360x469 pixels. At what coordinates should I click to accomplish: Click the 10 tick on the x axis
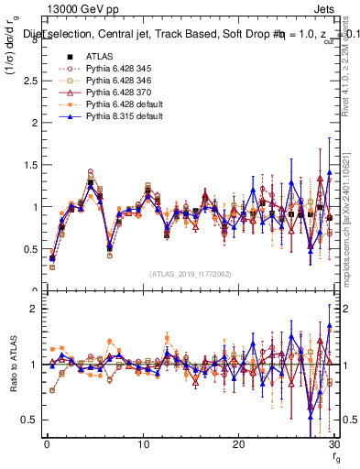coord(143,444)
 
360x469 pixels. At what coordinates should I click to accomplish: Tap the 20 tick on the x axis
coord(238,444)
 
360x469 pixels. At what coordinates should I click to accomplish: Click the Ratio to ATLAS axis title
coord(12,363)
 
